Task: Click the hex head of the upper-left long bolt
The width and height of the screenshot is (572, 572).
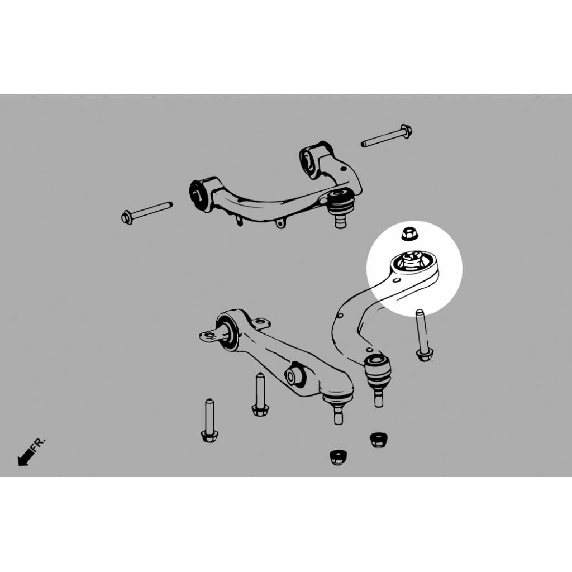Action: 127,218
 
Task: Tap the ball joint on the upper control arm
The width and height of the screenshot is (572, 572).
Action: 340,206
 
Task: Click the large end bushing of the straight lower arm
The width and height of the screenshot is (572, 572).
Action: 228,331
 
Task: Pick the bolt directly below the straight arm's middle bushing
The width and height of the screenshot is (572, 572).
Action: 260,395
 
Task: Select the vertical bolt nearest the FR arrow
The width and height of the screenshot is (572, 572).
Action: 209,421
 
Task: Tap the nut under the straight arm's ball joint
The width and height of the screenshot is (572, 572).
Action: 338,457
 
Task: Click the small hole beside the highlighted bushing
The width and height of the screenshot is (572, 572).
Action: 397,280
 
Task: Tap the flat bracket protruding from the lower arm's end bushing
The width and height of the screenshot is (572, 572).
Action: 211,335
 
